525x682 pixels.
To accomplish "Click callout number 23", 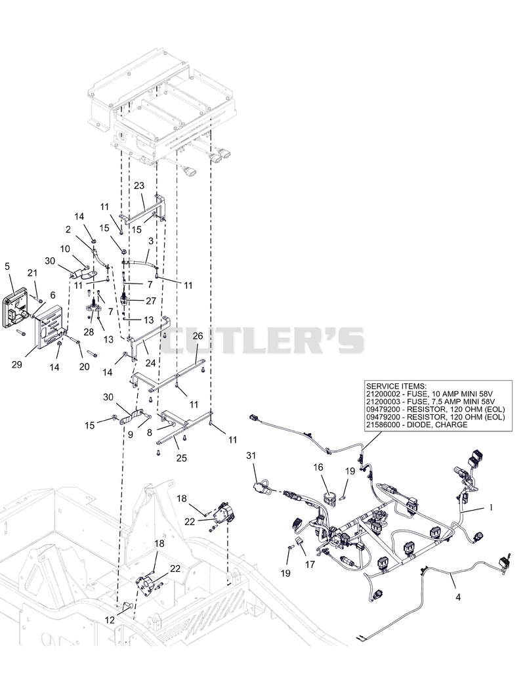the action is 138,186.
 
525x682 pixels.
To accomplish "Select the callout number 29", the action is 16,364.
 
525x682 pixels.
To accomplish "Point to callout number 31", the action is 251,456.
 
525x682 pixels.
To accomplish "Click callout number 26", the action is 198,336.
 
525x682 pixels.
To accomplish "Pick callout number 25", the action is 181,458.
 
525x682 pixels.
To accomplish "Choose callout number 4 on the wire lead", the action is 458,597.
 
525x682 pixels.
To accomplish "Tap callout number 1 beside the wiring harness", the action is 492,507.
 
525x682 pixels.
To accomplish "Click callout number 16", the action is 318,467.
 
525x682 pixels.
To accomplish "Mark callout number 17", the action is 310,565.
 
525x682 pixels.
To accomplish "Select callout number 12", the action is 110,620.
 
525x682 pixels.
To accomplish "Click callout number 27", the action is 150,301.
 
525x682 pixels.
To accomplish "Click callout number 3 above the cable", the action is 150,241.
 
